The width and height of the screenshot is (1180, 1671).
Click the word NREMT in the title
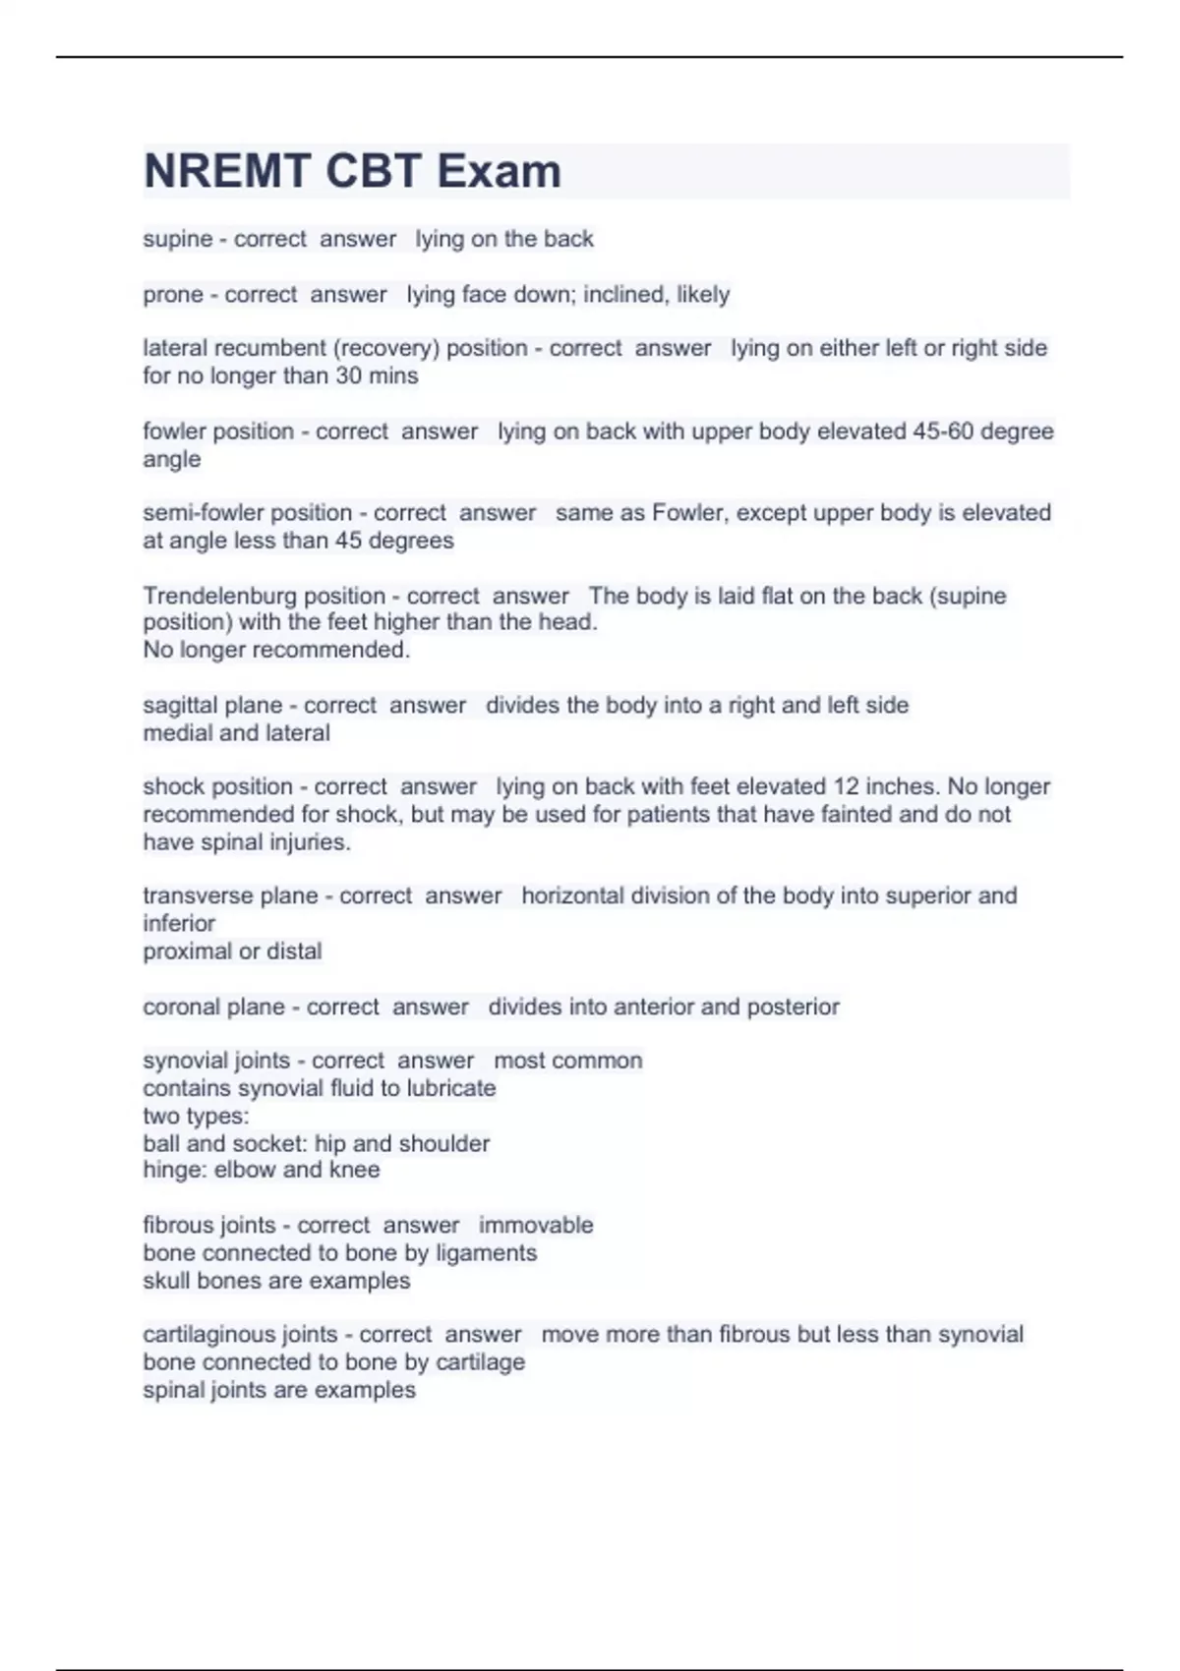228,171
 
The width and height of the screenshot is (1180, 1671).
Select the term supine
177,240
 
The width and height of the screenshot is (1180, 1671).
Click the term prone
172,295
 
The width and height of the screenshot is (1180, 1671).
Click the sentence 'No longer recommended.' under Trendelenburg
276,650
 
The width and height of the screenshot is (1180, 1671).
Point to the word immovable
536,1226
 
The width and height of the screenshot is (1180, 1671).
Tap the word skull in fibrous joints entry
166,1282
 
